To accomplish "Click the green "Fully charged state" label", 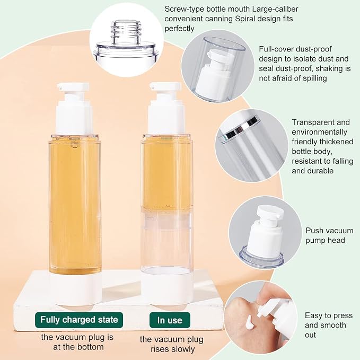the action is tap(79, 320).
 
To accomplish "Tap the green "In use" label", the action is tap(170, 320).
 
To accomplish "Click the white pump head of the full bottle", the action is tap(74, 109).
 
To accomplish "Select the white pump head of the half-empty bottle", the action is tap(166, 109).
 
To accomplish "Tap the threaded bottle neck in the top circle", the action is tap(126, 32).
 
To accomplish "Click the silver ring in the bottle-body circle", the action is tap(241, 130).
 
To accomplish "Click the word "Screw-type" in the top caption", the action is tap(184, 9).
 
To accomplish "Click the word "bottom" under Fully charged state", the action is tap(89, 347).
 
